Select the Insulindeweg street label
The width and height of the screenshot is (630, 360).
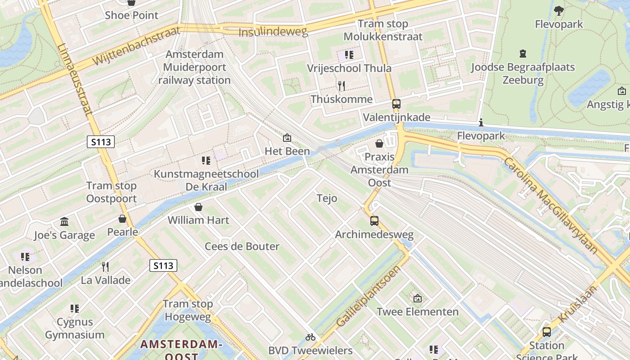click(273, 32)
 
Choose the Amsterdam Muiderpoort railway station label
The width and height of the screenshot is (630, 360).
click(194, 67)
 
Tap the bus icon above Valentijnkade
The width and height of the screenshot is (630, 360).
click(396, 104)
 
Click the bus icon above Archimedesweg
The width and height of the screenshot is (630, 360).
click(374, 221)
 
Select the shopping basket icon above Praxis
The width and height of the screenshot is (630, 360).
click(379, 144)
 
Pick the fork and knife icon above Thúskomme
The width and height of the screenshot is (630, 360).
click(341, 85)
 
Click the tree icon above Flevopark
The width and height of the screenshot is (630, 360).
click(559, 10)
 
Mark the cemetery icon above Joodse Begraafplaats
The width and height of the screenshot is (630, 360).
click(522, 54)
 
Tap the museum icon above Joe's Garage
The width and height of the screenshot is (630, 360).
click(64, 222)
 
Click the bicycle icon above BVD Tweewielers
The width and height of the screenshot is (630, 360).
click(310, 337)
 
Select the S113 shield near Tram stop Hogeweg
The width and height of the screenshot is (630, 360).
click(163, 265)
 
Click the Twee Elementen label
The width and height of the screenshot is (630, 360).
click(418, 311)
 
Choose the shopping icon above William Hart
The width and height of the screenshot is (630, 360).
click(198, 207)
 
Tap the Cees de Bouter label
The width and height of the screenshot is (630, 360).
click(242, 246)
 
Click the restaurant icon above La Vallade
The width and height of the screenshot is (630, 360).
click(105, 267)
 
